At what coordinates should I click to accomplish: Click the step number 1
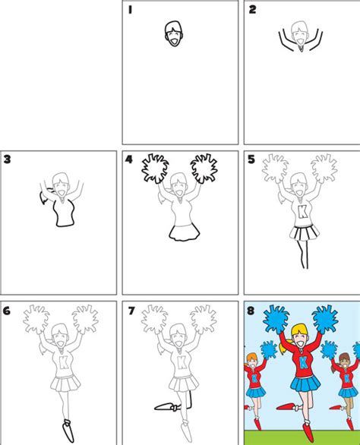click(130, 10)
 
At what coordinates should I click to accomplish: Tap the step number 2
click(252, 10)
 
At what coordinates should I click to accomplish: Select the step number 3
click(8, 159)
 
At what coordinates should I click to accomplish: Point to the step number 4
click(130, 159)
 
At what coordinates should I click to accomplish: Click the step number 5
click(252, 159)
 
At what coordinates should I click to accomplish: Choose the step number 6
click(8, 310)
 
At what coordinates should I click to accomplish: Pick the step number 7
click(130, 310)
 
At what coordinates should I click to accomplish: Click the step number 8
click(252, 310)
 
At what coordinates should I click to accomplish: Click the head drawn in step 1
click(174, 33)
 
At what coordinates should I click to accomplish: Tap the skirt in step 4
click(181, 232)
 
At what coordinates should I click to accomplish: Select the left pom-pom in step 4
click(156, 168)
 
